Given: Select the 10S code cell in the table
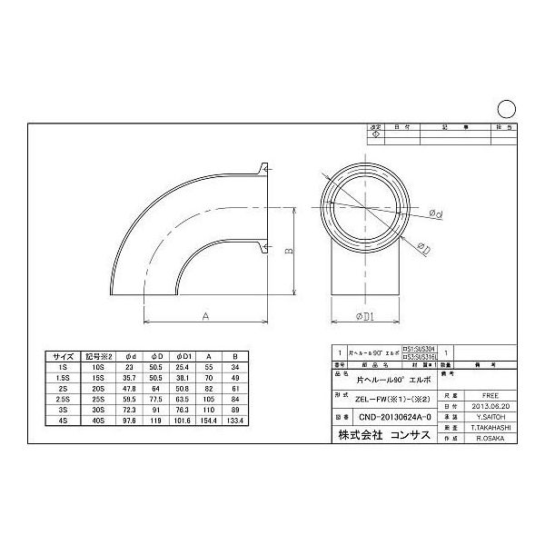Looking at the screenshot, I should point(99,367).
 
